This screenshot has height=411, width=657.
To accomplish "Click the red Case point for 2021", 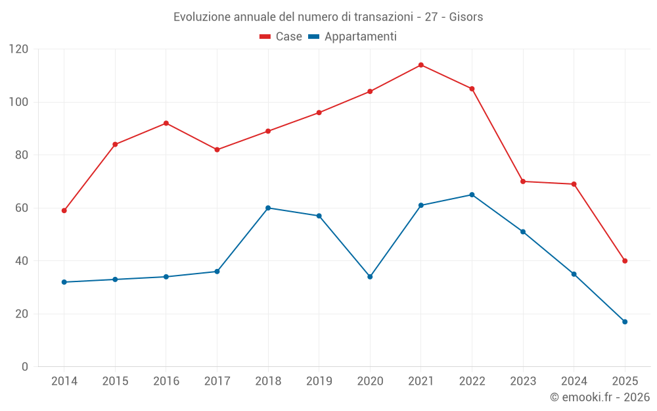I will coord(421,65).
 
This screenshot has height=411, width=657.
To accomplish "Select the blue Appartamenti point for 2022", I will coord(472,195).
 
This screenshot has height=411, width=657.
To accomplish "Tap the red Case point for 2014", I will coord(64,210).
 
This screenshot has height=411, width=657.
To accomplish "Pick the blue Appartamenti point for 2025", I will coord(625,322).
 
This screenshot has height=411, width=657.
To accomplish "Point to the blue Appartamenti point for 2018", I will coord(268,208).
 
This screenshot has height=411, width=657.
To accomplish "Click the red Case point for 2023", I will coord(523,181).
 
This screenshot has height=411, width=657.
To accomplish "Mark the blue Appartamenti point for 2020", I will coord(370,277).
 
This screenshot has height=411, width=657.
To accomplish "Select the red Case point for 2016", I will coord(166,123).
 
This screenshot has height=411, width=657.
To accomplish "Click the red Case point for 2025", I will coord(625,261).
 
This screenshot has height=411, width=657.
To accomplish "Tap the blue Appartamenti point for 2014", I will coord(64,282).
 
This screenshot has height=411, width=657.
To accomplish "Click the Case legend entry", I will coord(281,37).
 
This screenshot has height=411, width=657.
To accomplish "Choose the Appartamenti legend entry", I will coord(353,37).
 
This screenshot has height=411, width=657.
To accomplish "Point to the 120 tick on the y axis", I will coord(19,49).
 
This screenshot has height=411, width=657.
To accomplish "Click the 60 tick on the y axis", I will coord(22,208).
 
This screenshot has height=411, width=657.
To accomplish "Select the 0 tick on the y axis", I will coord(26,367).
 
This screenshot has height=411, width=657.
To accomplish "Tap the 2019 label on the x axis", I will coord(319,381).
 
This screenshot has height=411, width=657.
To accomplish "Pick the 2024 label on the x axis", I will coord(574,381).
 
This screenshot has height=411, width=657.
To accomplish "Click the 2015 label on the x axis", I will coord(115,381).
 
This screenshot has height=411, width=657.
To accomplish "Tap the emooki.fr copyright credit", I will coord(600,397).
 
